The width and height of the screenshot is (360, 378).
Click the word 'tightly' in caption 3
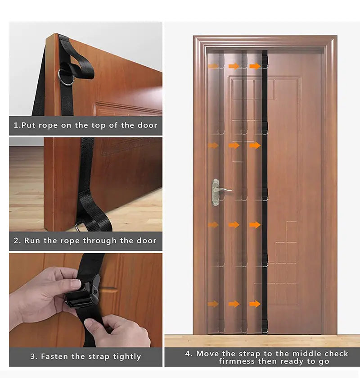(127, 356)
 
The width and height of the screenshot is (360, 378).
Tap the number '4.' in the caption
(189, 354)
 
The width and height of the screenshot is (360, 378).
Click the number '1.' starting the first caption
(17, 125)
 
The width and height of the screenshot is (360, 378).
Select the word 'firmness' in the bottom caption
(235, 362)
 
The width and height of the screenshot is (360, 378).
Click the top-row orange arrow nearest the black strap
(255, 66)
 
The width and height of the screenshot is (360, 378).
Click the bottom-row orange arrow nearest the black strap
(255, 304)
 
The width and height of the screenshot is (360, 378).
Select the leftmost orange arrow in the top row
(213, 66)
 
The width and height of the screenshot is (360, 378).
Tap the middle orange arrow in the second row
(234, 146)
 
